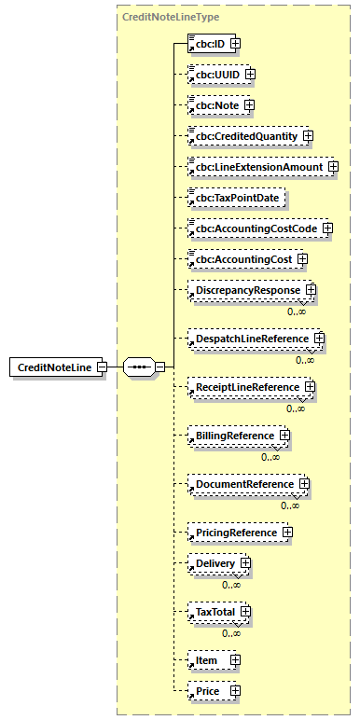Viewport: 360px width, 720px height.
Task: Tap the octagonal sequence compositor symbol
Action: click(x=138, y=367)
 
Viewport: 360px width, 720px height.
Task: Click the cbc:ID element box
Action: click(x=209, y=43)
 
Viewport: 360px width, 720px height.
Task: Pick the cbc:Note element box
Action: click(x=215, y=105)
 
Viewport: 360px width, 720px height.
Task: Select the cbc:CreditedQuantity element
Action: click(x=244, y=136)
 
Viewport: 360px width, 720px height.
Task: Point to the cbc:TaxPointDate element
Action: click(x=237, y=198)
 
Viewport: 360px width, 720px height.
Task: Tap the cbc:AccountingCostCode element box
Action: click(x=254, y=228)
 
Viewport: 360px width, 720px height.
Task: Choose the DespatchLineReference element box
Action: click(x=249, y=338)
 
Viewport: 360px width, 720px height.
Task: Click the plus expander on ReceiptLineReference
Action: click(x=309, y=387)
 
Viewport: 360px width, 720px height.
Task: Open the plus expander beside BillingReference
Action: click(x=284, y=436)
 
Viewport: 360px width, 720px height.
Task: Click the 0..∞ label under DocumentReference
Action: click(x=290, y=505)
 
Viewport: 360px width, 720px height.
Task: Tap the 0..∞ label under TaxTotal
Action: click(x=231, y=633)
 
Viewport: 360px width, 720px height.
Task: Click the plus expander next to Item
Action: click(x=234, y=660)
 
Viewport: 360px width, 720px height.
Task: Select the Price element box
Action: click(x=207, y=691)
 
